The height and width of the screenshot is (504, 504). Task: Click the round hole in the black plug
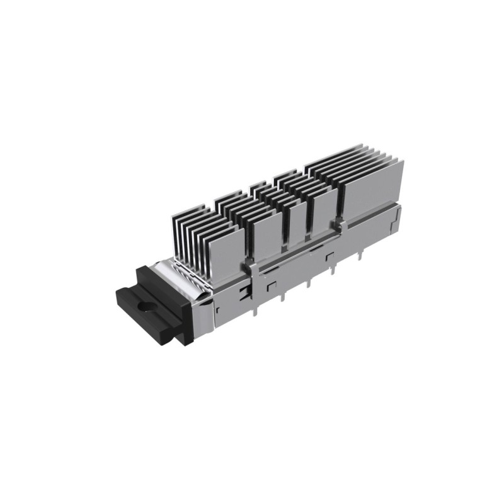point(147,309)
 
